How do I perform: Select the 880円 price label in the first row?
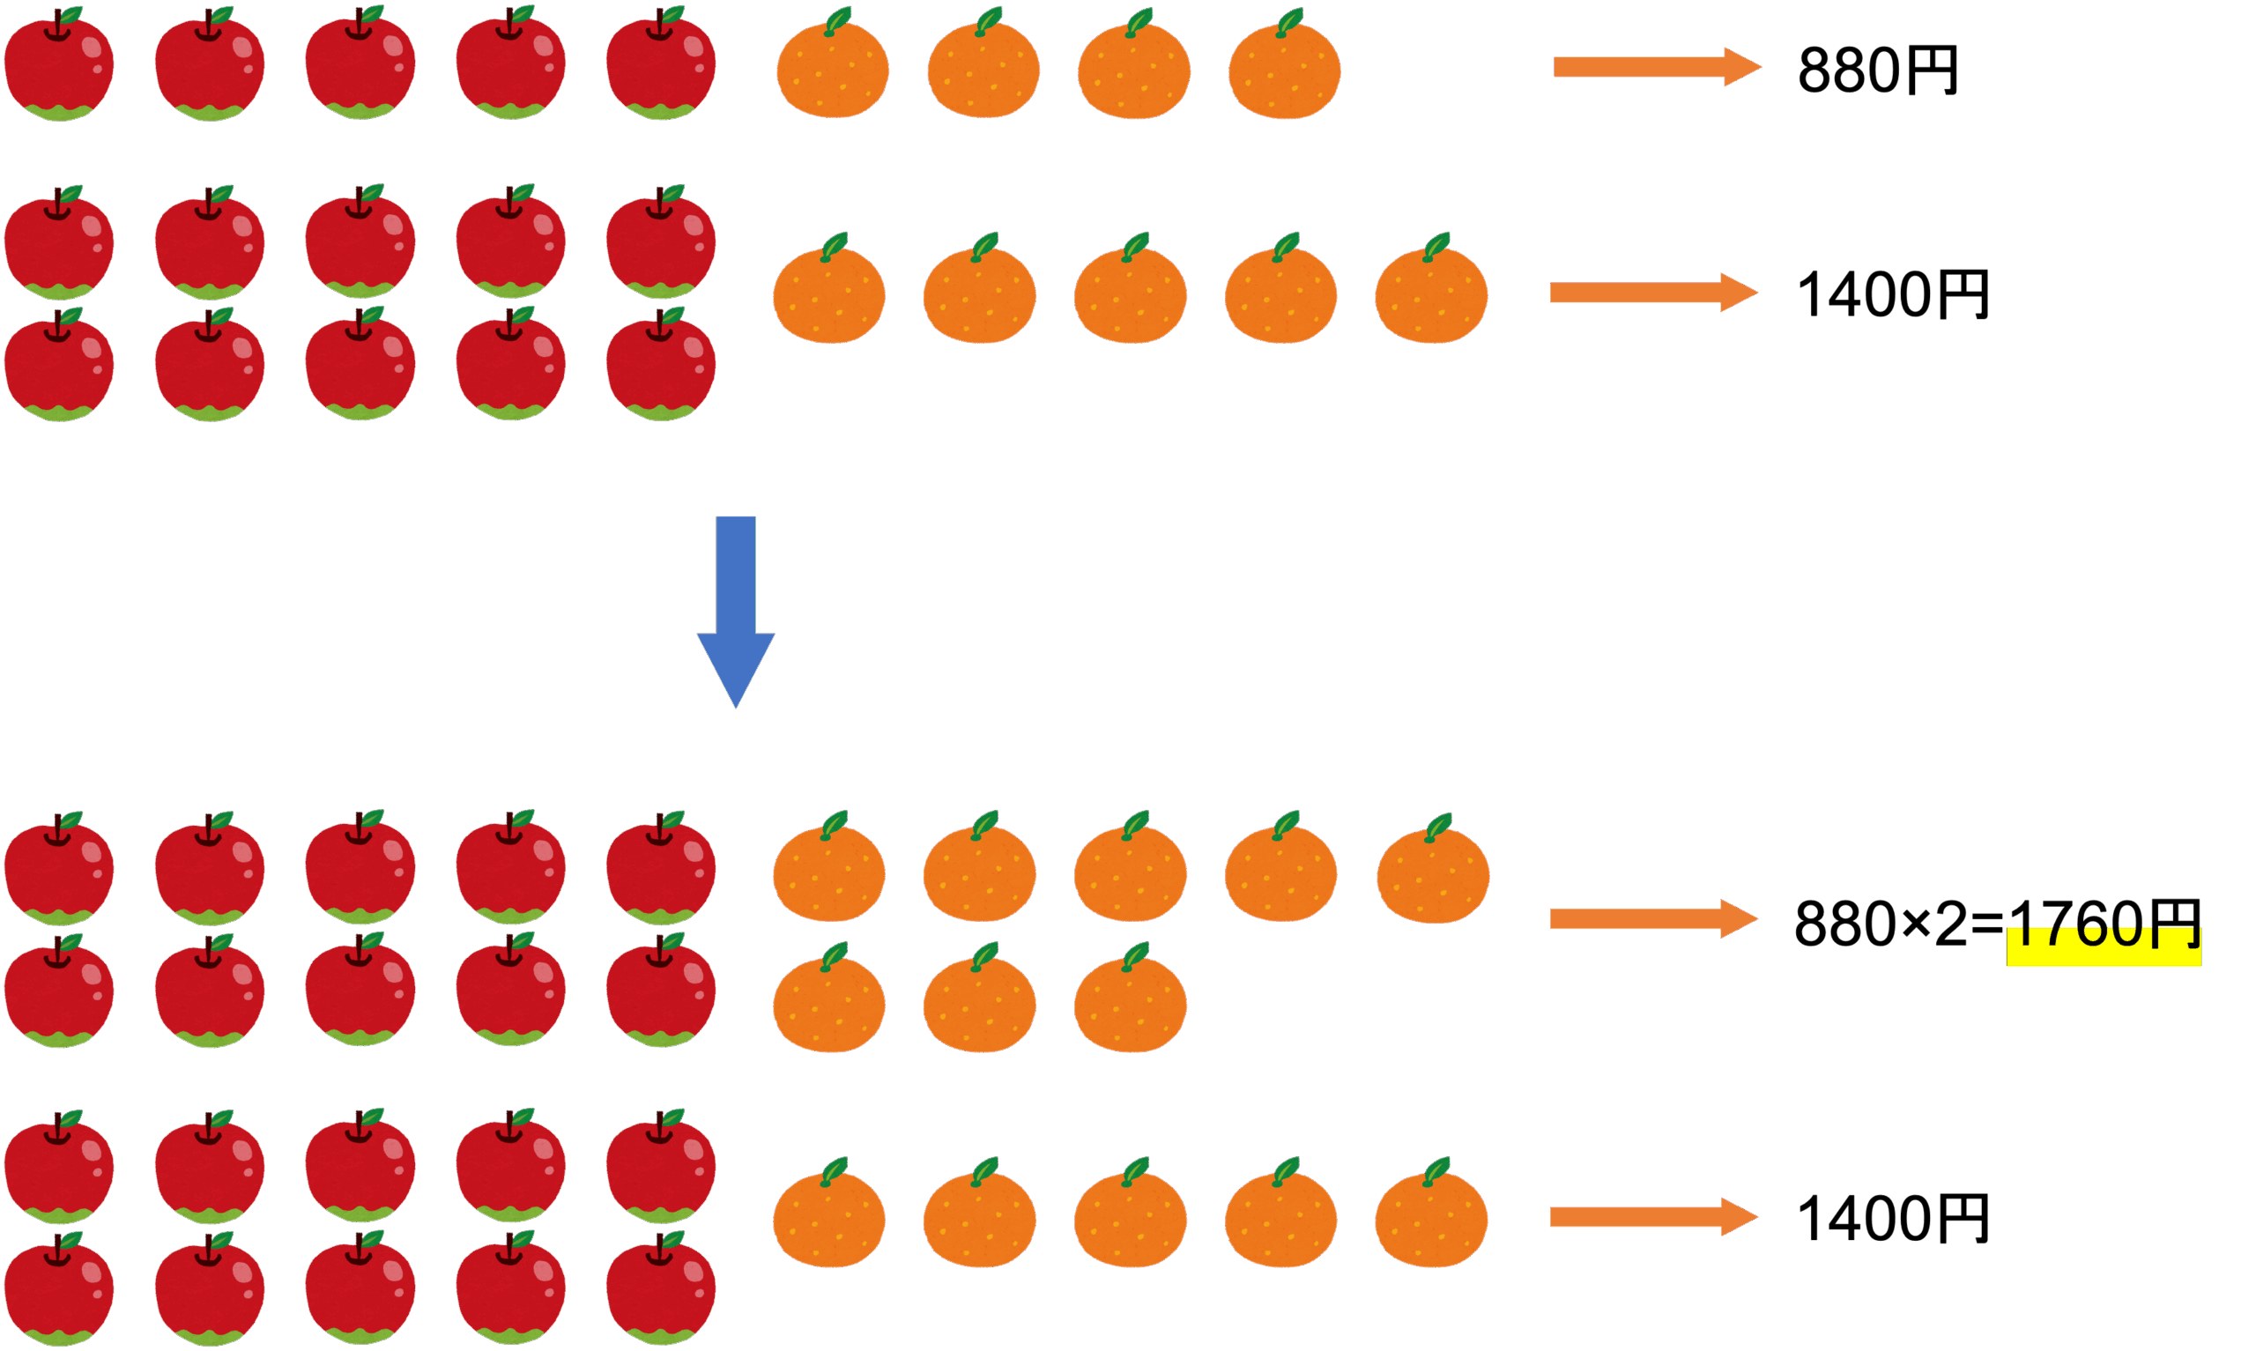[x=1877, y=71]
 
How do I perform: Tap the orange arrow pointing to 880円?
[x=1656, y=66]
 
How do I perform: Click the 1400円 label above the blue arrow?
[x=1892, y=294]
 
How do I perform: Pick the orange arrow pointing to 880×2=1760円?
[x=1652, y=918]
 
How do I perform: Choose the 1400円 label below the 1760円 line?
[x=1892, y=1218]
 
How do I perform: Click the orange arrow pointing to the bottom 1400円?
[x=1652, y=1217]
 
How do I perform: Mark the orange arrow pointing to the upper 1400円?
[x=1652, y=293]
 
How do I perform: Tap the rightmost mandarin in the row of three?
[x=1130, y=1002]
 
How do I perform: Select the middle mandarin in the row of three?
[x=979, y=1002]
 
